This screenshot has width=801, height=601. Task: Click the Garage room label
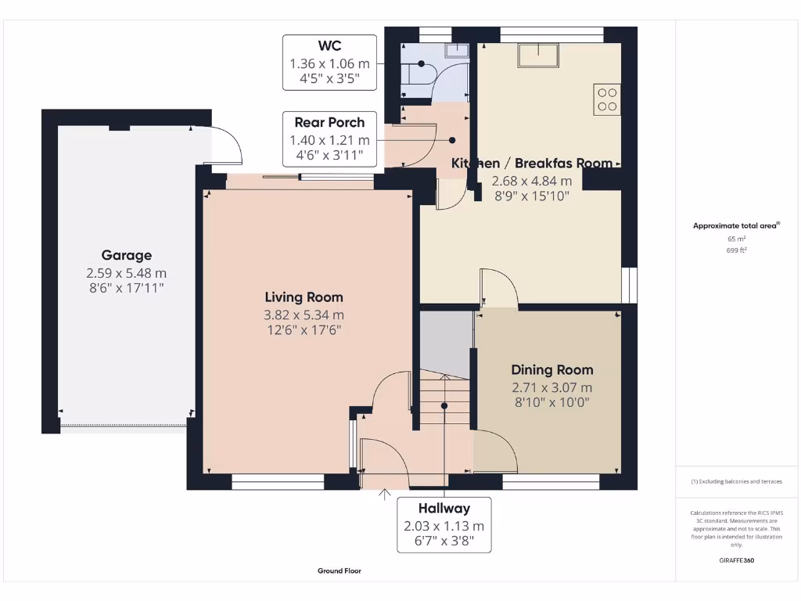click(x=126, y=255)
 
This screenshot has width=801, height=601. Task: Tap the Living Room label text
click(x=304, y=297)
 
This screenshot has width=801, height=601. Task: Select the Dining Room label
click(x=551, y=370)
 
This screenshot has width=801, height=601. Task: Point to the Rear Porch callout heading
click(x=329, y=122)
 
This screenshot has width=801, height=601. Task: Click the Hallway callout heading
click(x=444, y=509)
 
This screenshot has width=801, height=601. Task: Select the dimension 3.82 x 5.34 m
click(x=304, y=315)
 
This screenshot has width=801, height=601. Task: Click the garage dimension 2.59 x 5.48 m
click(x=126, y=273)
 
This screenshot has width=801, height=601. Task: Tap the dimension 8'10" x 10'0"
click(x=551, y=403)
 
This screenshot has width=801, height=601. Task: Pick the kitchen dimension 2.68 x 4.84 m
click(x=530, y=181)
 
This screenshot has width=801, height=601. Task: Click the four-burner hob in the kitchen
click(x=608, y=99)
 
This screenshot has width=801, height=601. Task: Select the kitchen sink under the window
click(x=541, y=55)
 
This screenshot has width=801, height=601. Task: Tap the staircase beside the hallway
click(x=444, y=400)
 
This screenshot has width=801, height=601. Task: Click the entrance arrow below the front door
click(x=384, y=495)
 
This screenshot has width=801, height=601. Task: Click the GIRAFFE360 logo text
click(x=737, y=560)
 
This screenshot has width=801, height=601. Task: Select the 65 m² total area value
click(x=736, y=239)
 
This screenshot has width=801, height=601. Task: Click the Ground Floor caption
click(x=339, y=571)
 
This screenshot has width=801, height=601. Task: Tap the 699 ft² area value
click(x=736, y=250)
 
